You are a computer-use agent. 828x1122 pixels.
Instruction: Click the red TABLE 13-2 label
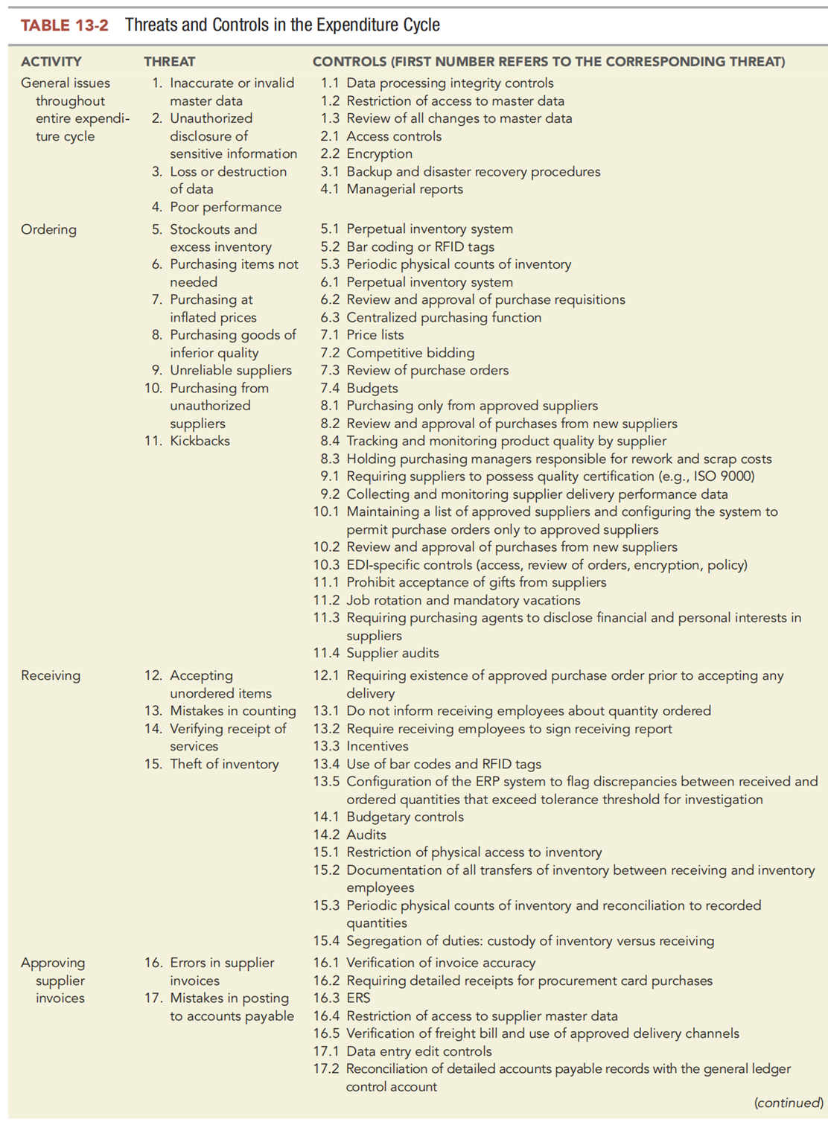64,25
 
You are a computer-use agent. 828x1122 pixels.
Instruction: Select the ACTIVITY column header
51,62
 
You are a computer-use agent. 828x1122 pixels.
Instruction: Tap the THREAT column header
170,62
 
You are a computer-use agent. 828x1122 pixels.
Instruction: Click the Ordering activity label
48,229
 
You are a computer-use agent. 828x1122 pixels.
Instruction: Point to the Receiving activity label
51,675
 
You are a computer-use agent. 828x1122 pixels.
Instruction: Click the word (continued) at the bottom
788,1103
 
